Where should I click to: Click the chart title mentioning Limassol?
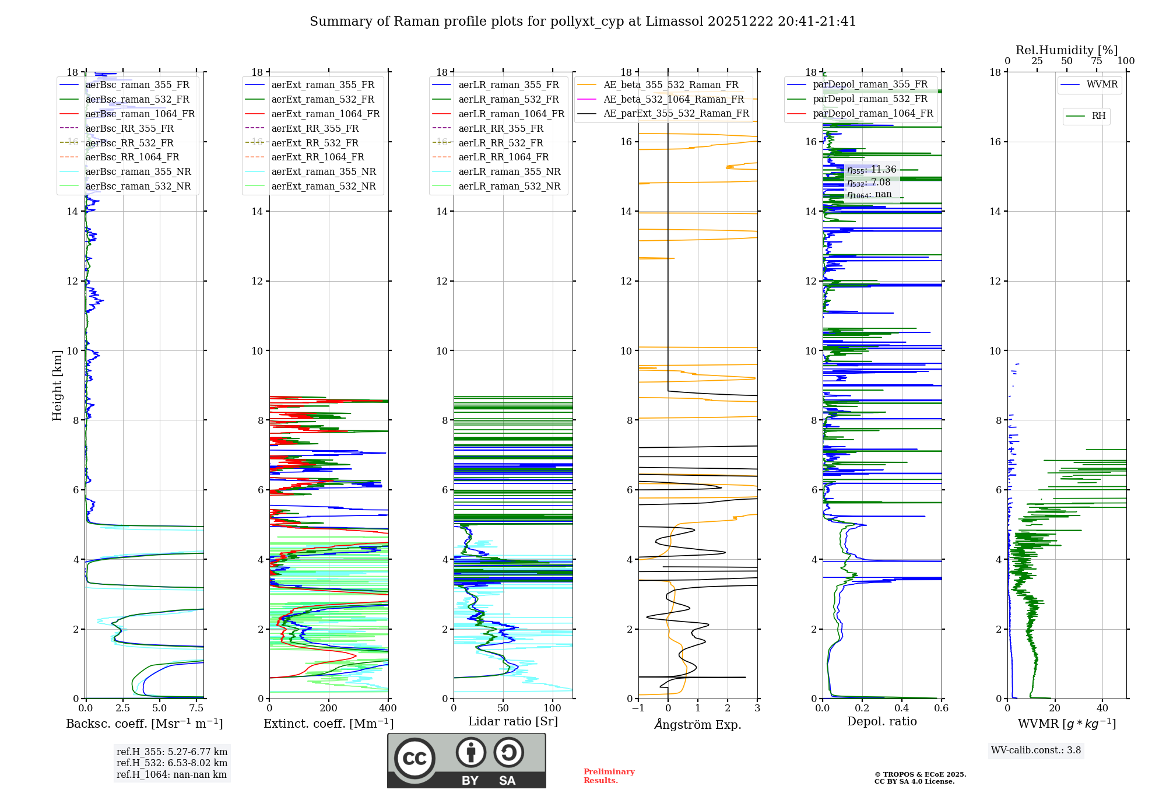click(582, 22)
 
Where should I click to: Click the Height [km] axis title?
click(57, 385)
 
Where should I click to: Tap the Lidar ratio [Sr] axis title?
click(513, 721)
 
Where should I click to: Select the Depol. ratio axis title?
click(881, 721)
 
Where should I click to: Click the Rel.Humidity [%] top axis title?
click(1066, 50)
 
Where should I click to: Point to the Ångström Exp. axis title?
click(697, 724)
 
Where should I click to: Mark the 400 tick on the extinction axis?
click(388, 708)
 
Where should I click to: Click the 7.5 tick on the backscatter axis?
click(196, 708)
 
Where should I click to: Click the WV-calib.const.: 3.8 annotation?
click(1036, 750)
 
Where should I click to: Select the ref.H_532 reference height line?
click(171, 763)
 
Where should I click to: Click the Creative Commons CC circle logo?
click(415, 759)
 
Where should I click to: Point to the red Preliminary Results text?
click(609, 776)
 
